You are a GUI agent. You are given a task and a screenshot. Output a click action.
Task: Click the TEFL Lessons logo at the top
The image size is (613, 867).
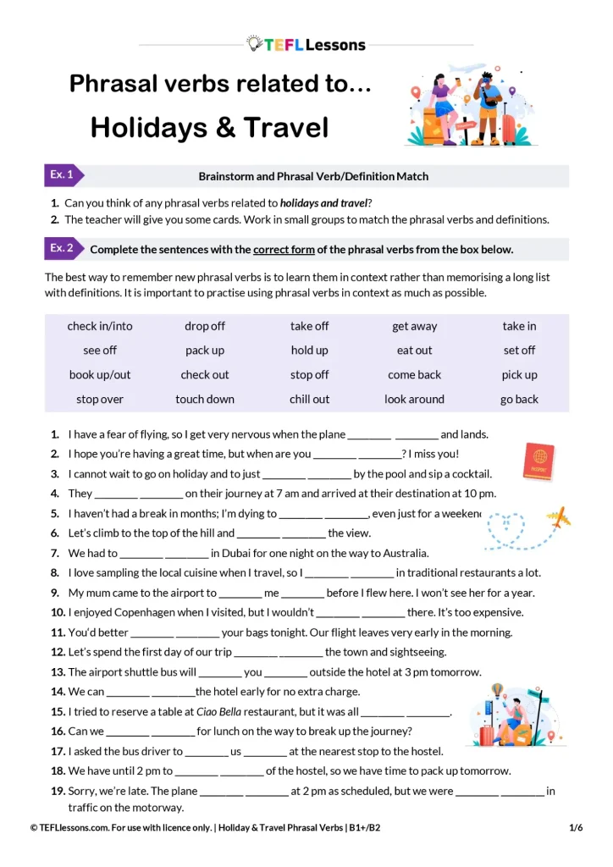[306, 44]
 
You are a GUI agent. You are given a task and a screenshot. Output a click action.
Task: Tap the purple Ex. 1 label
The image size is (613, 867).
[62, 175]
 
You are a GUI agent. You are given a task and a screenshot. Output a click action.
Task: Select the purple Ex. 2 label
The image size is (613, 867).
[62, 248]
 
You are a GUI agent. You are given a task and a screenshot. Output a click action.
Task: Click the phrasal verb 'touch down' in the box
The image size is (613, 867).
[205, 399]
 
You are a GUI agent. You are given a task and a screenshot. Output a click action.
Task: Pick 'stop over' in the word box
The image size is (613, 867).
[100, 399]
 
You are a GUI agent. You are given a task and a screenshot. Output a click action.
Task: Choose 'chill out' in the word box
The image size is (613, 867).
[309, 399]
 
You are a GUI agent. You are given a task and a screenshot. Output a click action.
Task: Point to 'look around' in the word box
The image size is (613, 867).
[414, 399]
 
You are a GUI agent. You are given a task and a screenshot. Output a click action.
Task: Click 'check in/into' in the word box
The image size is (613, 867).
[100, 326]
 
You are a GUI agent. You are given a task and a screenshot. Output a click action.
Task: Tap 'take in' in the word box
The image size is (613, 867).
[519, 326]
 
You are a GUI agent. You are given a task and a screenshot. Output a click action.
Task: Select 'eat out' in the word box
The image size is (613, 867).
[414, 350]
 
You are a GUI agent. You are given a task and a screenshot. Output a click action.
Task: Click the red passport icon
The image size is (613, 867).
[539, 462]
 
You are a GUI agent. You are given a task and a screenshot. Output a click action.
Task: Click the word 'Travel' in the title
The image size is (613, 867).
[285, 128]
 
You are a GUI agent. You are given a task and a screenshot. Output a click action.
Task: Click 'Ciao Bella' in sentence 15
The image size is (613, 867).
[218, 711]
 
